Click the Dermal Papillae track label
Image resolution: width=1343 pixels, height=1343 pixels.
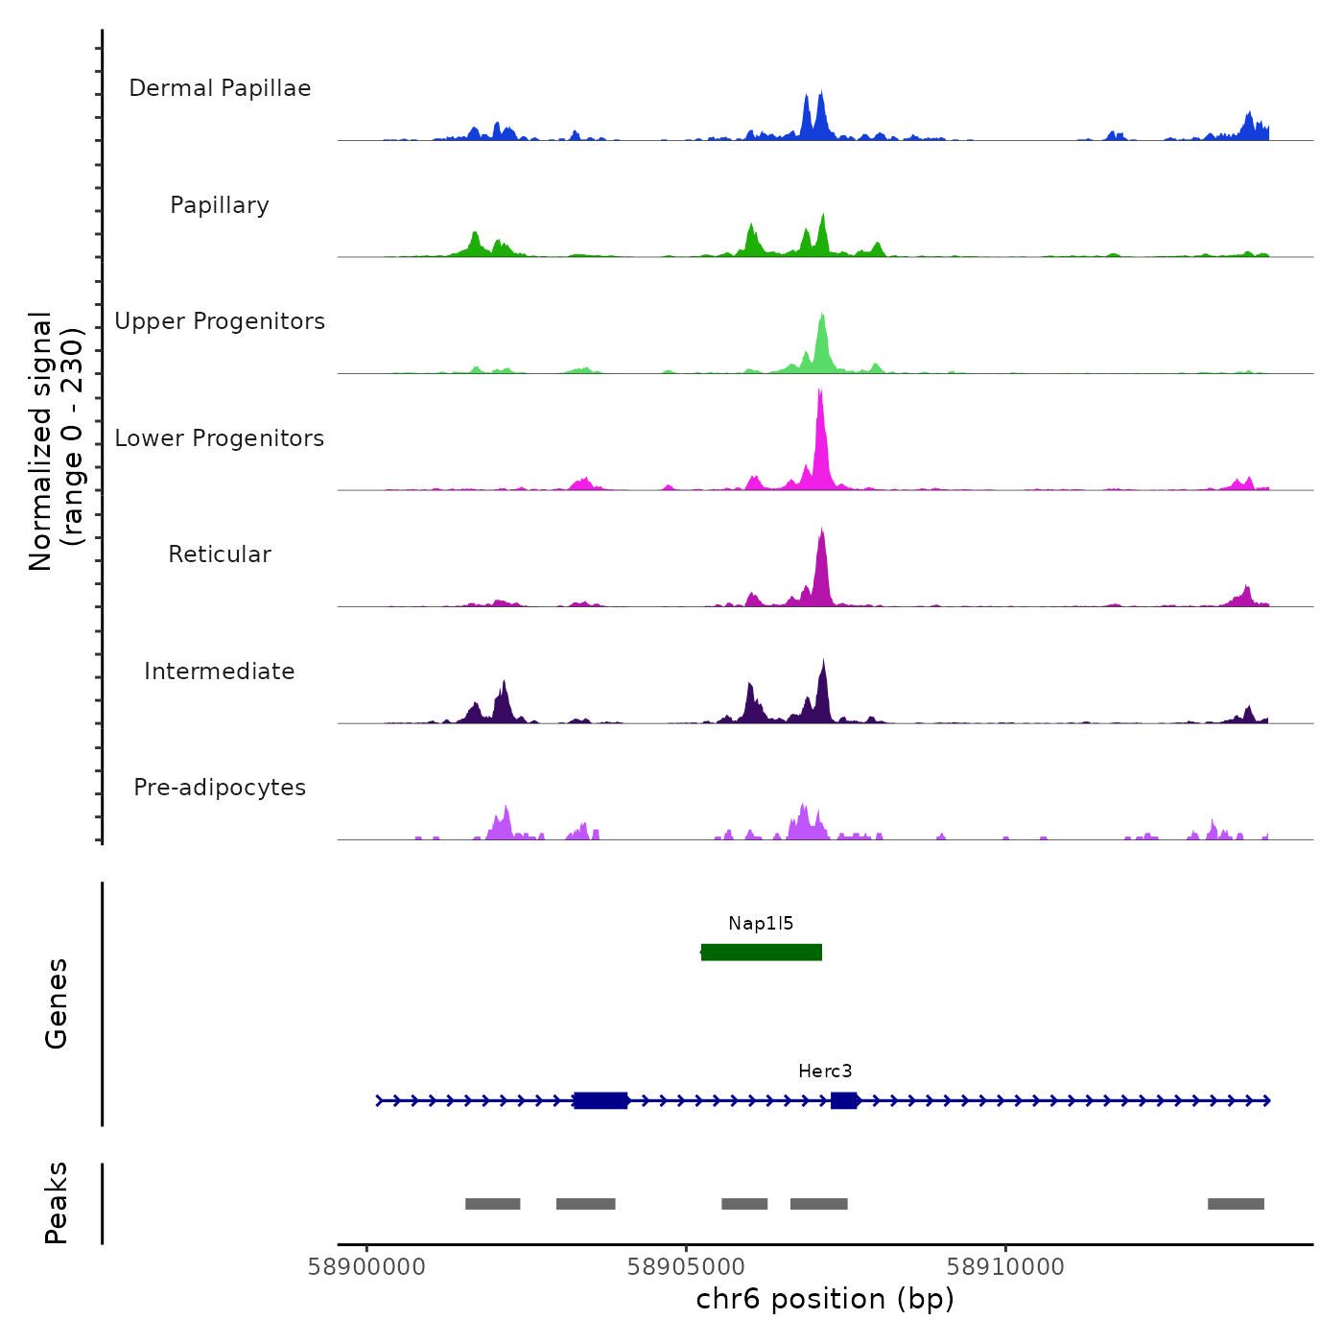click(x=220, y=88)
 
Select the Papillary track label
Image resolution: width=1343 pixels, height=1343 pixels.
click(x=220, y=205)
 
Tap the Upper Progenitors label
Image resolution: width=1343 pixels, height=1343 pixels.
click(x=220, y=321)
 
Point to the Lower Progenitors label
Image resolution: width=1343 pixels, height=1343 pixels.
click(x=220, y=438)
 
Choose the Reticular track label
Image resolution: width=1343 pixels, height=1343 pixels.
click(x=220, y=554)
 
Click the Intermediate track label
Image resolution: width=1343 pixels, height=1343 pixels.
click(x=220, y=671)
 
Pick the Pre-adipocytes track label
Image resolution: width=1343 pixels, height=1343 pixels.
click(x=220, y=788)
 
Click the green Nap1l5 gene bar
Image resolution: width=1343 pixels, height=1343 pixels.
click(x=762, y=952)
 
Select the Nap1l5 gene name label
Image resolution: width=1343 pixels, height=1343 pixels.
click(x=761, y=924)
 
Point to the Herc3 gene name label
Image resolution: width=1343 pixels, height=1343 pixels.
click(x=825, y=1072)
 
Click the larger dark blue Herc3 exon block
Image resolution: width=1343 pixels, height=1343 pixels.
click(x=601, y=1100)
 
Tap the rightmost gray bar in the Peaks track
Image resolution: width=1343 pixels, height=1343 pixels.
click(x=1236, y=1204)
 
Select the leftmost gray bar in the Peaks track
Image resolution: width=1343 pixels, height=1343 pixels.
click(x=492, y=1204)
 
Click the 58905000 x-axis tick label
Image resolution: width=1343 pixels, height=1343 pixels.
click(x=686, y=1267)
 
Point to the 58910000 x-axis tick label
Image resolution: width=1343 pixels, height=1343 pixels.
click(x=1005, y=1267)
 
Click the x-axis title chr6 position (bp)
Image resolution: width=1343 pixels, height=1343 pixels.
click(x=825, y=1299)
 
